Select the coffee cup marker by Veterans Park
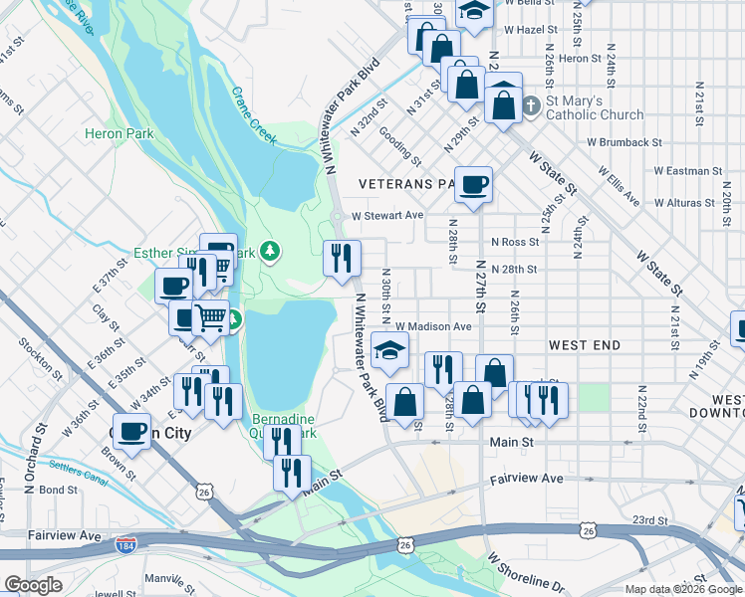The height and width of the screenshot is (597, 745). pos(474,184)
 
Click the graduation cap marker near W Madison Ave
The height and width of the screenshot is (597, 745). pos(390,350)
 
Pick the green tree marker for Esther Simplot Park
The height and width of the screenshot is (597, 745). pos(268,251)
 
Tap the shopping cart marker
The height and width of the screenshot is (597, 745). pos(211,318)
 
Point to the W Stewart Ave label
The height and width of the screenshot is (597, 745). pos(387,215)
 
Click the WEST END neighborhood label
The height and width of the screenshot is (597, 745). pos(585,345)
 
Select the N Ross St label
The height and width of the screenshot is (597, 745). pos(515,242)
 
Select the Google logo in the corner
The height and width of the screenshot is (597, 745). pos(33,584)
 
